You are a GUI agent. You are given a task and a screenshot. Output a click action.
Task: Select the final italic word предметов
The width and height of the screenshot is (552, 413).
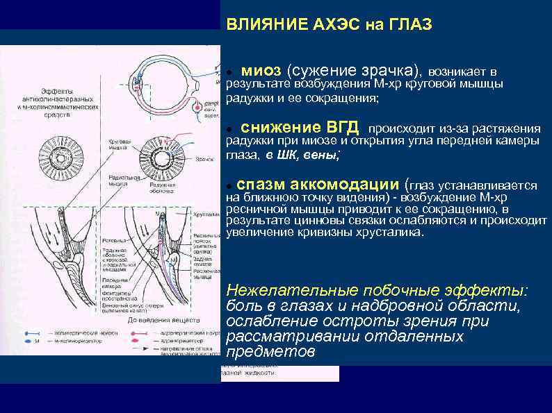[x=270, y=352]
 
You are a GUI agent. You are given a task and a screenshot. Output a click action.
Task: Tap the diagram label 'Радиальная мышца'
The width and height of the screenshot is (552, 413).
[x=120, y=182]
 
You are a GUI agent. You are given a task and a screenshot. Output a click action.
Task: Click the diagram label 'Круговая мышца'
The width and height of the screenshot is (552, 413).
[x=119, y=144]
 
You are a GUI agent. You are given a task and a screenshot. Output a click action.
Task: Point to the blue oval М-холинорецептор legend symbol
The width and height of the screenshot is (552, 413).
[x=35, y=341]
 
